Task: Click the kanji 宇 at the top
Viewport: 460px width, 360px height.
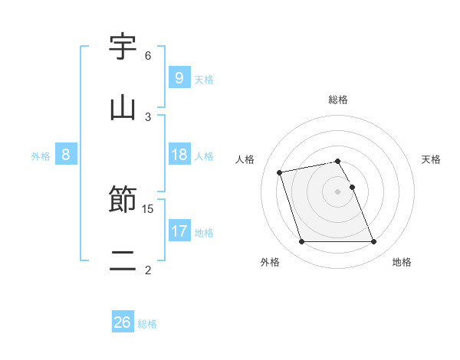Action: (123, 48)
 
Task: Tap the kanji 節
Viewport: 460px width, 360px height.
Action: (123, 201)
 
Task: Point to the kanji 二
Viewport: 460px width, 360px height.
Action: (123, 260)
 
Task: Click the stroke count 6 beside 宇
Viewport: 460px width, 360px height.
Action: (148, 56)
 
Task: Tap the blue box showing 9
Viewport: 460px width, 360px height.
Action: (179, 77)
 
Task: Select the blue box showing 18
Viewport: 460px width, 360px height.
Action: (179, 155)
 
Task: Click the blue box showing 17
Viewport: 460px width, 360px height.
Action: (179, 231)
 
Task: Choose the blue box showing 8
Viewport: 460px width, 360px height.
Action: (65, 155)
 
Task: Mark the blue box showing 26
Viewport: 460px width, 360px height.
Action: (122, 322)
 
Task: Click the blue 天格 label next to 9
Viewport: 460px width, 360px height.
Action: (204, 79)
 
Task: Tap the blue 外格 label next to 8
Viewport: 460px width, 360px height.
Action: (41, 156)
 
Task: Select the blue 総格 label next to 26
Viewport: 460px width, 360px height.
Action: (147, 324)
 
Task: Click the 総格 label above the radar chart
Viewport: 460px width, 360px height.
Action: (338, 100)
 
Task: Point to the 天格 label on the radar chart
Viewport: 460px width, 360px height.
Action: (432, 159)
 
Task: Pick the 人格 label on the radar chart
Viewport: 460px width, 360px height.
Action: (245, 159)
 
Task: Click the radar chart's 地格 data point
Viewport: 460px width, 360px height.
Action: (374, 242)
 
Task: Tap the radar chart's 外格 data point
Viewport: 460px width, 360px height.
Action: (301, 242)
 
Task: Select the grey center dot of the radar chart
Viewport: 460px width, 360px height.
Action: (338, 191)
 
